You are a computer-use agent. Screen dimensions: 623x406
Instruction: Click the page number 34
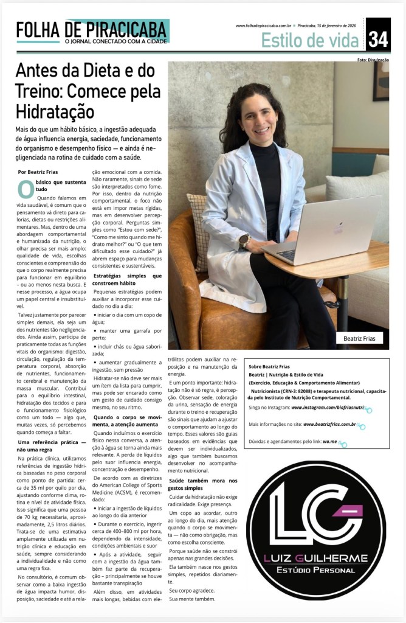pos(378,39)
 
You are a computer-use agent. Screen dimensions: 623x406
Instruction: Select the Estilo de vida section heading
pos(310,40)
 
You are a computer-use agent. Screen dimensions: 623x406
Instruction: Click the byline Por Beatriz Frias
pos(38,172)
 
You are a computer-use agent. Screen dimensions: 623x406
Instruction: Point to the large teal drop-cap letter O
pos(26,189)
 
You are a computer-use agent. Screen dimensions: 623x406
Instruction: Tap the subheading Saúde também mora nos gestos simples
pos(202,484)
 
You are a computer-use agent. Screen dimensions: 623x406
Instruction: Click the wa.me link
pos(329,444)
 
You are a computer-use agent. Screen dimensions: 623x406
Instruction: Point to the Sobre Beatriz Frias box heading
pos(269,367)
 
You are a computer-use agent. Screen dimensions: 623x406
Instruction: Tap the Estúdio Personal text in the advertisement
pos(315,571)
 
